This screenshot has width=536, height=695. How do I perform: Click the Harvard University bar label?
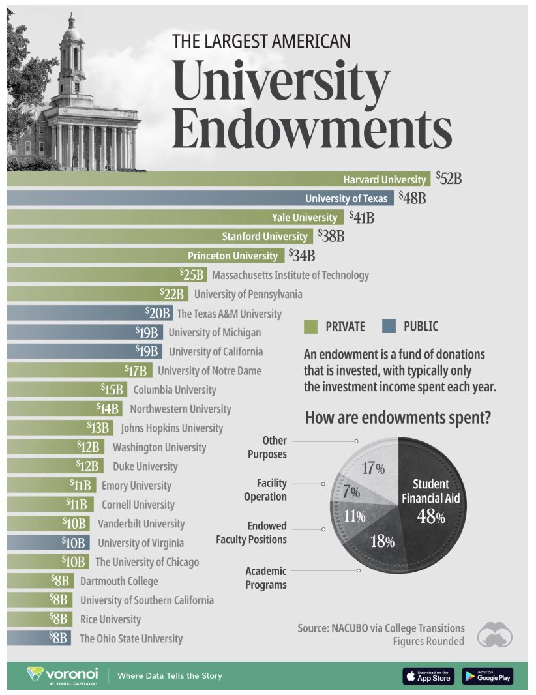384,179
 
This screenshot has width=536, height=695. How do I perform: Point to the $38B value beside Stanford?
330,236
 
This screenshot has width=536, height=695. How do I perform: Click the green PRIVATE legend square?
310,326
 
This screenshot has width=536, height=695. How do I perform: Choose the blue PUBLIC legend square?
389,326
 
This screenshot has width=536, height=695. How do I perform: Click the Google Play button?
487,676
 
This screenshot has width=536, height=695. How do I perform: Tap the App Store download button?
428,676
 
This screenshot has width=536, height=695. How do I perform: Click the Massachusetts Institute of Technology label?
290,275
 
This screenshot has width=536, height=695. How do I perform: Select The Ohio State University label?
131,639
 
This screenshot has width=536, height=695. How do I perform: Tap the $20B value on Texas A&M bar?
158,314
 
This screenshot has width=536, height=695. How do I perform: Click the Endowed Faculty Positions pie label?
251,533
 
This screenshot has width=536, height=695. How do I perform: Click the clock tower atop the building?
72,52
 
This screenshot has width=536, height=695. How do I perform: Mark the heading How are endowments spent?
398,418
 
